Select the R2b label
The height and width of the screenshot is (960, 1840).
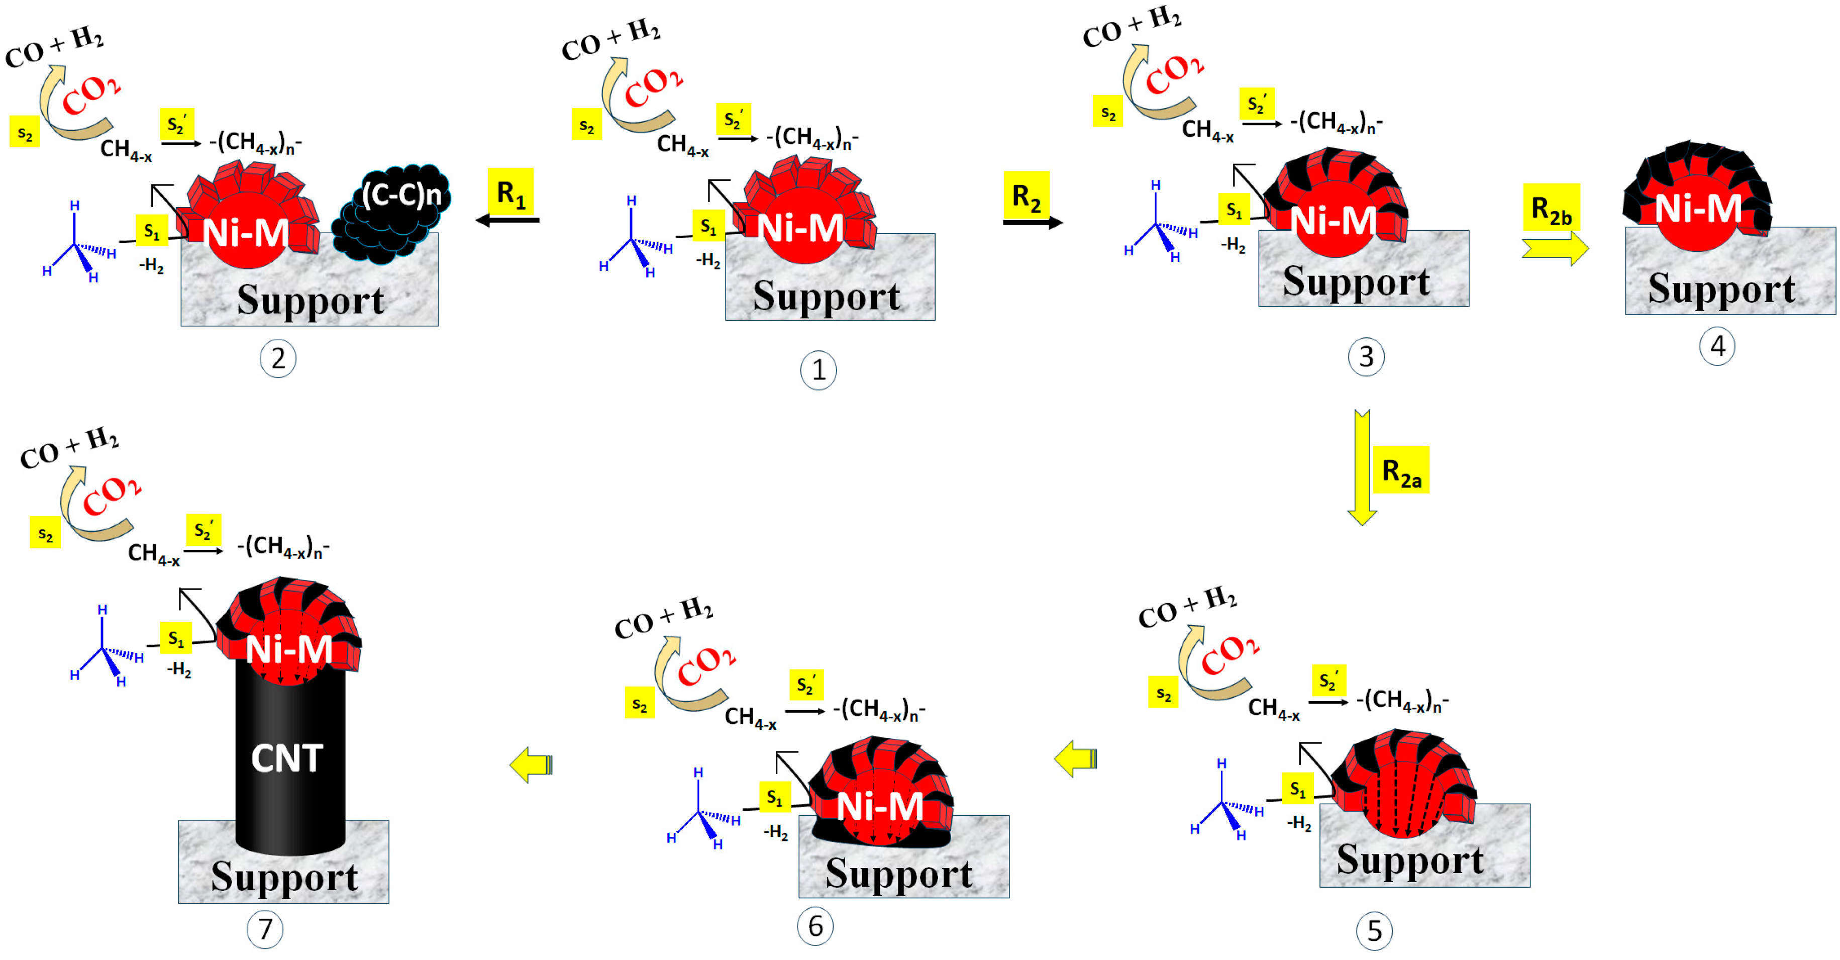(x=1551, y=208)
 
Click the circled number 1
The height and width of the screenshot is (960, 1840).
(x=818, y=370)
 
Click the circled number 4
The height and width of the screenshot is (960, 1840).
(x=1716, y=346)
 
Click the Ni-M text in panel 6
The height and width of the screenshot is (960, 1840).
(x=879, y=806)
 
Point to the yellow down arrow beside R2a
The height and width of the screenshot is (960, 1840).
(x=1362, y=468)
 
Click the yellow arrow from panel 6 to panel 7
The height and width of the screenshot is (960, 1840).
(x=532, y=765)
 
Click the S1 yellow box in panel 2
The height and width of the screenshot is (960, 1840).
(x=151, y=231)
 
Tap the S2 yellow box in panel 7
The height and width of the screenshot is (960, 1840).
(x=45, y=533)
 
